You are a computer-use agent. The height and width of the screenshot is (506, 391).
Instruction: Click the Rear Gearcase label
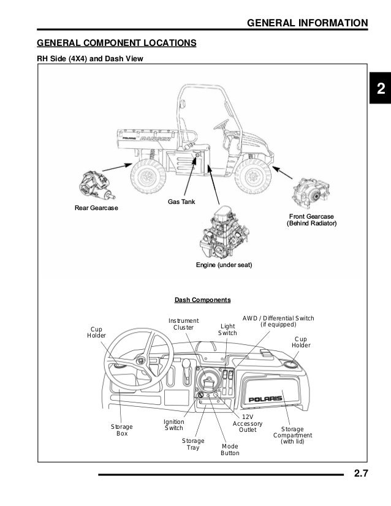pyautogui.click(x=96, y=208)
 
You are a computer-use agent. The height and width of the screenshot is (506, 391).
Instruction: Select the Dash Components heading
pyautogui.click(x=202, y=300)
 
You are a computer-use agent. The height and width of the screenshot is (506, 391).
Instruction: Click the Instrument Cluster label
pyautogui.click(x=183, y=324)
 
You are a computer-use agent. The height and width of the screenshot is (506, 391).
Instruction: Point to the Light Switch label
pyautogui.click(x=228, y=329)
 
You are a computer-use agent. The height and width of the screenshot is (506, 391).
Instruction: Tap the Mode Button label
pyautogui.click(x=230, y=449)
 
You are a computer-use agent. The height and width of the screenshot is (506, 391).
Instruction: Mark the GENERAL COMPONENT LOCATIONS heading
pyautogui.click(x=116, y=43)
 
